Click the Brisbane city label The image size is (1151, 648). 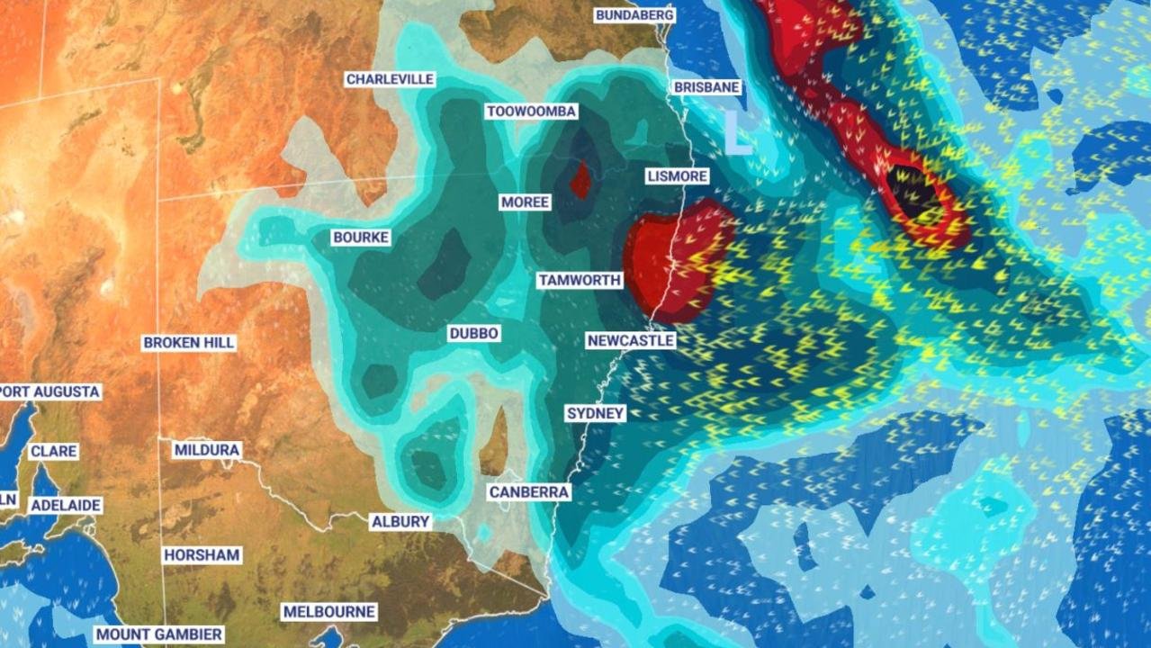706,87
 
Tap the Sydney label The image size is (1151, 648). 595,413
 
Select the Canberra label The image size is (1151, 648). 529,492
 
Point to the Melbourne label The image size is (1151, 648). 328,612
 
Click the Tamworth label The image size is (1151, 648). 580,280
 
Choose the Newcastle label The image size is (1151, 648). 630,341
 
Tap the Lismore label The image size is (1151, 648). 677,175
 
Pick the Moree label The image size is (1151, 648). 525,202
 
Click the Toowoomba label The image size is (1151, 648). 531,112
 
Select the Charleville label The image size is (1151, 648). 390,79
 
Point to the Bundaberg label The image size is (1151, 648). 634,15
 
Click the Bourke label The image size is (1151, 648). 360,238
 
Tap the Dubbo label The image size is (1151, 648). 473,334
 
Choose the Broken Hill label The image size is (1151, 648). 189,343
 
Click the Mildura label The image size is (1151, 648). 207,450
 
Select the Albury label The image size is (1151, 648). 400,522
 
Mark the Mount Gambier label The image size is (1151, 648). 158,634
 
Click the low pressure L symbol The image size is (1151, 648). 738,132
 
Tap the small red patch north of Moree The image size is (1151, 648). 581,179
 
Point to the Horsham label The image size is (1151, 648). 202,555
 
